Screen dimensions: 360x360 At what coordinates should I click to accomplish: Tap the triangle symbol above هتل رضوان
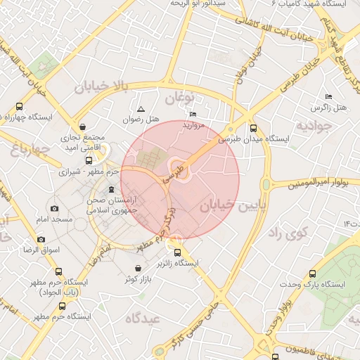pyautogui.click(x=141, y=109)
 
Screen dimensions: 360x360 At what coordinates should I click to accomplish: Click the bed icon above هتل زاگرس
pyautogui.click(x=328, y=96)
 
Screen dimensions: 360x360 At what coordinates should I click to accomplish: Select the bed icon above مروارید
pyautogui.click(x=193, y=114)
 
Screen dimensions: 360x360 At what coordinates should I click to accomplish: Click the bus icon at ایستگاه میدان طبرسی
pyautogui.click(x=253, y=128)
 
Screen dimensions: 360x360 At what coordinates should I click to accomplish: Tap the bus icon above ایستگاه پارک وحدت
pyautogui.click(x=313, y=274)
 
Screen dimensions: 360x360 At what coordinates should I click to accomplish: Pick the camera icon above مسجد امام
pyautogui.click(x=55, y=209)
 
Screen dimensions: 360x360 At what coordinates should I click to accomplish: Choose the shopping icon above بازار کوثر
pyautogui.click(x=137, y=269)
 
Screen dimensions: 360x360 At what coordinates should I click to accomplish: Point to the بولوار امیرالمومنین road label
pyautogui.click(x=319, y=184)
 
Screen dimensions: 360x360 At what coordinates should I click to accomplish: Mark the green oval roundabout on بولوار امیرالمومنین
pyautogui.click(x=266, y=184)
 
